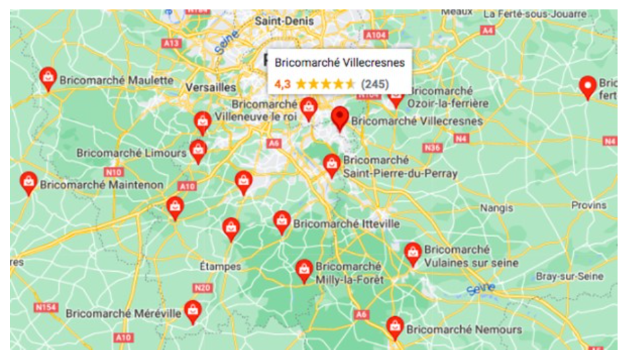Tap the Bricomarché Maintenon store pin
pyautogui.click(x=28, y=182)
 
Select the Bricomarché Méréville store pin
pyautogui.click(x=193, y=312)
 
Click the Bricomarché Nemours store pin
pyautogui.click(x=396, y=328)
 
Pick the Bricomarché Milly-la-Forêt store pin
pyautogui.click(x=304, y=271)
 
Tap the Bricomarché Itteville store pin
pyautogui.click(x=282, y=221)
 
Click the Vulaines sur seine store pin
pyautogui.click(x=412, y=254)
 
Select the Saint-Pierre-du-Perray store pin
pyautogui.click(x=332, y=165)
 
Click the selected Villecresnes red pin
pyautogui.click(x=340, y=118)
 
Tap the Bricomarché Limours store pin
pyautogui.click(x=198, y=151)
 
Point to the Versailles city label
pyautogui.click(x=211, y=87)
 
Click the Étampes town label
pyautogui.click(x=220, y=266)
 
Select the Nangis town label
pyautogui.click(x=496, y=209)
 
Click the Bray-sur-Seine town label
pyautogui.click(x=569, y=277)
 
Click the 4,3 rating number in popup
pyautogui.click(x=283, y=84)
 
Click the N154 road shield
pyautogui.click(x=46, y=308)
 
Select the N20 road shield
pyautogui.click(x=202, y=288)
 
